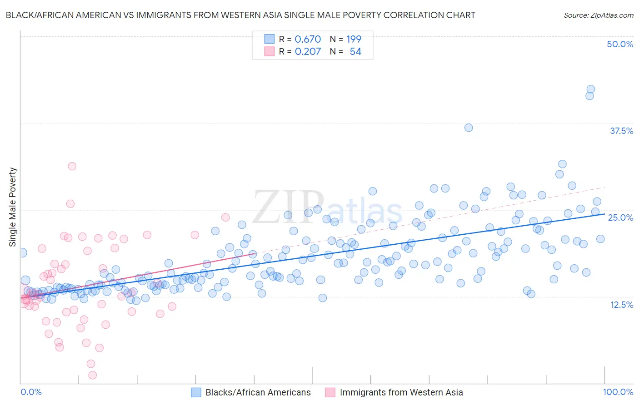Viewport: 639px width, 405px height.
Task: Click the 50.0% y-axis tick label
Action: click(x=620, y=44)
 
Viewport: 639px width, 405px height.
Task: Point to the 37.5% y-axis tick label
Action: click(x=621, y=131)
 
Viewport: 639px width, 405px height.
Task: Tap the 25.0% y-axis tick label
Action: click(x=620, y=217)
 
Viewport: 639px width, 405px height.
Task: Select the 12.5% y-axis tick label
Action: click(x=621, y=305)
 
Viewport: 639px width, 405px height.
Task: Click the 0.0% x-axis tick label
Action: click(x=31, y=392)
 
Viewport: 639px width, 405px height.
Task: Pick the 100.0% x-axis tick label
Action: click(x=618, y=392)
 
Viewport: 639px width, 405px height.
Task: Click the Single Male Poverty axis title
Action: click(x=13, y=207)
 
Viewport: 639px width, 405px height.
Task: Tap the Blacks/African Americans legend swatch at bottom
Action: click(x=196, y=392)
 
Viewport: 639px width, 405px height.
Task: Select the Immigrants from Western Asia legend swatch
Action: click(x=330, y=392)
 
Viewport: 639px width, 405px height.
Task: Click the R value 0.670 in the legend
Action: click(x=308, y=40)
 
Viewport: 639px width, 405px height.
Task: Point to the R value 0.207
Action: click(x=308, y=52)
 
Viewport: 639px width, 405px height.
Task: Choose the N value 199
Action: click(x=354, y=40)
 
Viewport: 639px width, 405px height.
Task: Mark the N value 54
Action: click(x=355, y=52)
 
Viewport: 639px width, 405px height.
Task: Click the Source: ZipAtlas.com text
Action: click(x=598, y=15)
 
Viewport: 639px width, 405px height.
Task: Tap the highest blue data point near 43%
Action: click(x=591, y=89)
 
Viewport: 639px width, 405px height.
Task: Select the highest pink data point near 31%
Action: click(x=72, y=166)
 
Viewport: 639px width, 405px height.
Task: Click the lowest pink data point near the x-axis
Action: click(x=92, y=375)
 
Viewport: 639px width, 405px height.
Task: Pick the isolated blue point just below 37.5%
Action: click(x=469, y=128)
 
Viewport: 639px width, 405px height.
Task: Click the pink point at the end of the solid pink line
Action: click(x=253, y=254)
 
